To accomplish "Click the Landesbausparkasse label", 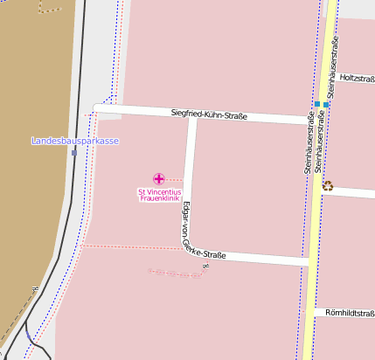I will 75,142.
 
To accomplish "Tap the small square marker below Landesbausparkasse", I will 74,152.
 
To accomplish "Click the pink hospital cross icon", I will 158,178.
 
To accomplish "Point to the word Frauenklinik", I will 159,198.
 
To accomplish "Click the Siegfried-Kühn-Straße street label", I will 209,115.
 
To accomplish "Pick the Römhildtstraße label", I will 350,312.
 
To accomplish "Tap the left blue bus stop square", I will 316,104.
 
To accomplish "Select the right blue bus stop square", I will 326,105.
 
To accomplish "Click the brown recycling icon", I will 328,184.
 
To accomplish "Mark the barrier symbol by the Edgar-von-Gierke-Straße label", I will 206,265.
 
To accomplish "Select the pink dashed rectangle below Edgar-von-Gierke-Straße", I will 176,273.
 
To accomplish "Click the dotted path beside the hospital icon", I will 174,179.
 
